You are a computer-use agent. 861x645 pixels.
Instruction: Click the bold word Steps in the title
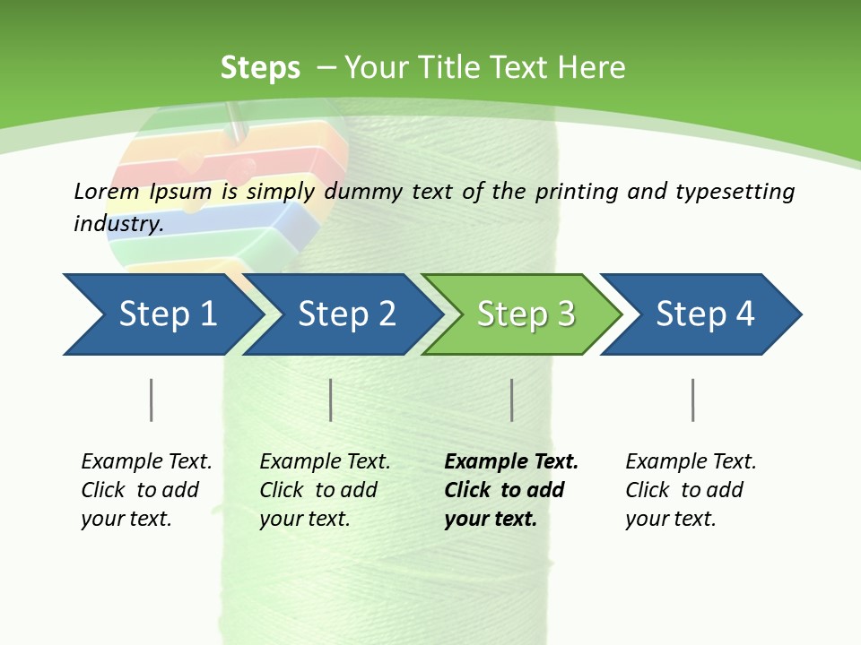pyautogui.click(x=260, y=68)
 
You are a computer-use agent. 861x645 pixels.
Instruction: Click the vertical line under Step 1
pyautogui.click(x=152, y=400)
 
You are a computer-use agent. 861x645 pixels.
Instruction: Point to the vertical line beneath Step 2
pyautogui.click(x=331, y=400)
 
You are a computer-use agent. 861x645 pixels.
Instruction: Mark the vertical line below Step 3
pyautogui.click(x=512, y=400)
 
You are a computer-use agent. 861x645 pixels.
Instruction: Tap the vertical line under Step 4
pyautogui.click(x=693, y=400)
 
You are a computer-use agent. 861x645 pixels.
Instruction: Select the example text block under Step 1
pyautogui.click(x=146, y=490)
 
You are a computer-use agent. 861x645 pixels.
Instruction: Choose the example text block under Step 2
pyautogui.click(x=325, y=490)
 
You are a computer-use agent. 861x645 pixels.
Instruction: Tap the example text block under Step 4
pyautogui.click(x=691, y=490)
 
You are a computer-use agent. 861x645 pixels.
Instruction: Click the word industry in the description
pyautogui.click(x=117, y=224)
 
